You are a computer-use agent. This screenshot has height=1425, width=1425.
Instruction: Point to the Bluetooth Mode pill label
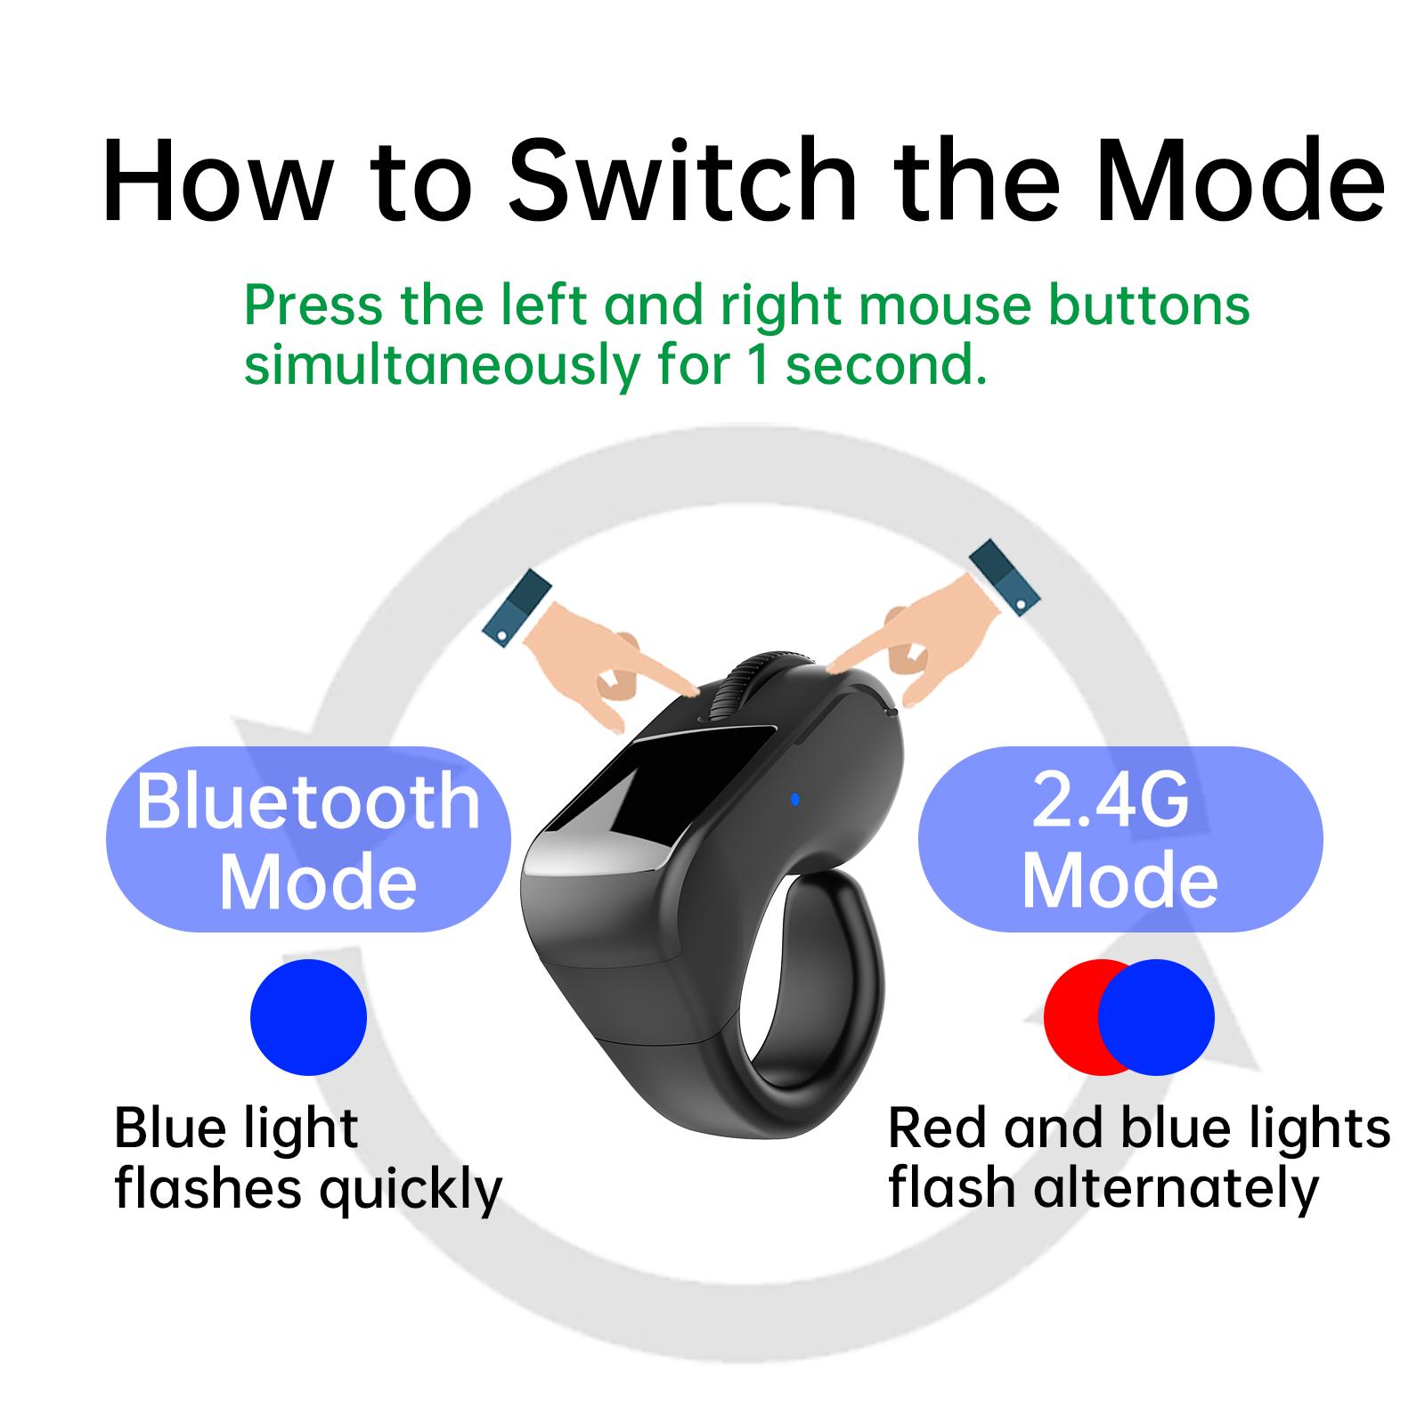[x=308, y=839]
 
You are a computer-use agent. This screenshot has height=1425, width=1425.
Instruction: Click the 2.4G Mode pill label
[x=1120, y=839]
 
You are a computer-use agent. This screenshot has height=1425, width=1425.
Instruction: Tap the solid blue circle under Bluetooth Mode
[x=308, y=1017]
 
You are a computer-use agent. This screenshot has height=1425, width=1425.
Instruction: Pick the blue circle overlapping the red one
[x=1156, y=1017]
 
